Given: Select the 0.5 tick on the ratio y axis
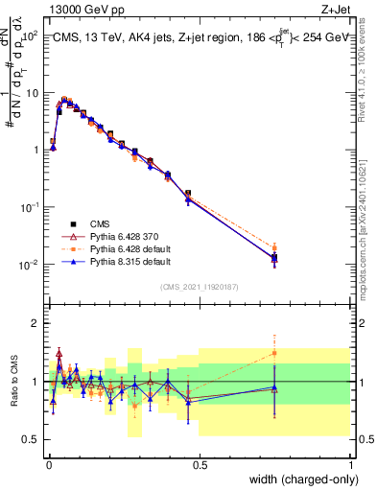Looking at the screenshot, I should (x=30, y=439).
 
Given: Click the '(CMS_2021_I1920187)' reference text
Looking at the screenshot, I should (x=200, y=287).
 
